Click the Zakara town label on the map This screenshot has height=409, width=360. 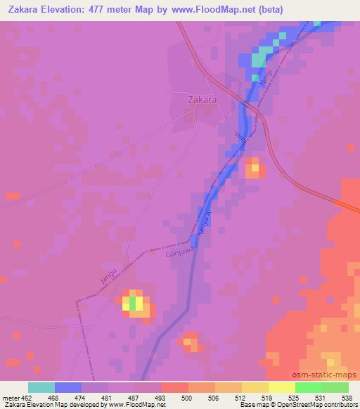[202, 100]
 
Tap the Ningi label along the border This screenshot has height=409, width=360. [264, 79]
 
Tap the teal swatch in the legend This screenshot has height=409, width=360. [41, 387]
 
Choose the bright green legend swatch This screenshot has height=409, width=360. [308, 387]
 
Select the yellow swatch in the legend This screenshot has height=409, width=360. [281, 387]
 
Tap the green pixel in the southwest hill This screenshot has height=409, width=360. [131, 303]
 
